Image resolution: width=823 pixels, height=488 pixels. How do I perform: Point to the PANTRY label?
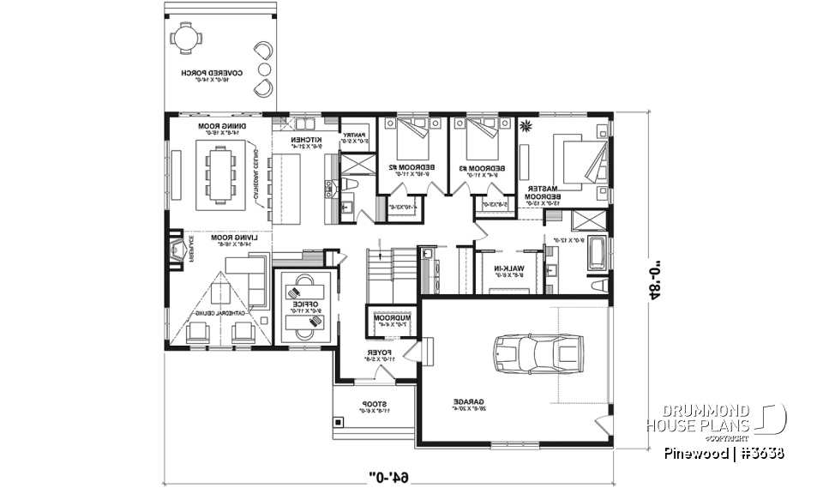[355, 136]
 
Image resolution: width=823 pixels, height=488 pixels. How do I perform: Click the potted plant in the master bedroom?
[525, 128]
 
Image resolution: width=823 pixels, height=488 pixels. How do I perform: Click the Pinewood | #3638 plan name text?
[723, 453]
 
